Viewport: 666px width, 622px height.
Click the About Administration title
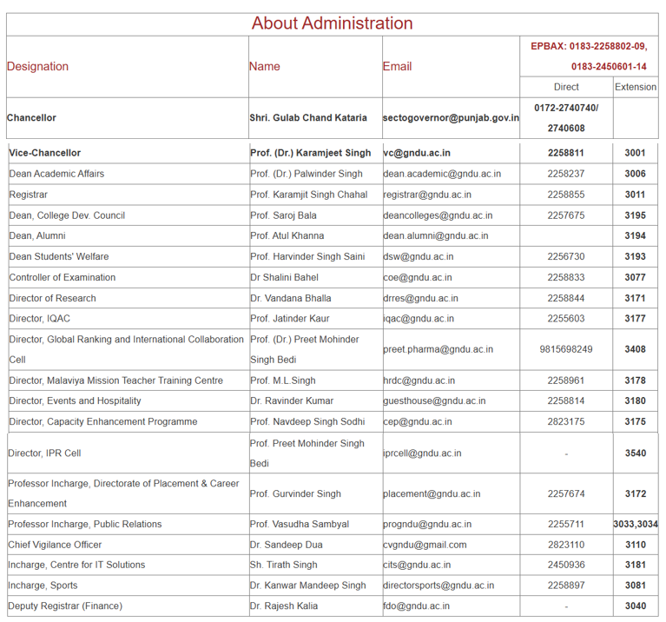[x=332, y=23]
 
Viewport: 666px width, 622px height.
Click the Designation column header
[x=37, y=66]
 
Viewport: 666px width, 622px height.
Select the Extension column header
[x=636, y=87]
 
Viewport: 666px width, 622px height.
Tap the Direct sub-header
[x=566, y=87]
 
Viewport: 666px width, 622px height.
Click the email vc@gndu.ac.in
[x=417, y=153]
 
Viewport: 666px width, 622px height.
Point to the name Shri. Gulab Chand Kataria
[x=314, y=118]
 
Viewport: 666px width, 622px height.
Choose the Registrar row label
[x=29, y=195]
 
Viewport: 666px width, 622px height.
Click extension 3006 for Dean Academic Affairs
[x=635, y=174]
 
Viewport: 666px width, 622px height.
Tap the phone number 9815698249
[x=566, y=349]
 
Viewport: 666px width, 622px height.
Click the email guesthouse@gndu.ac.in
[x=434, y=401]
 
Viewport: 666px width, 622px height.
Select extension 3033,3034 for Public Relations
[x=636, y=524]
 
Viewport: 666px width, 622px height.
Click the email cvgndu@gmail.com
[x=425, y=545]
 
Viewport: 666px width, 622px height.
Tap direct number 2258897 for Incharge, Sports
[x=566, y=586]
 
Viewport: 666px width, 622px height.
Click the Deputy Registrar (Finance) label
[x=65, y=605]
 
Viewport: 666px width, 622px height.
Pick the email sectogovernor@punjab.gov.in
[x=451, y=118]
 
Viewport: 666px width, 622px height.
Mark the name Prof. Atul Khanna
[x=287, y=235]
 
